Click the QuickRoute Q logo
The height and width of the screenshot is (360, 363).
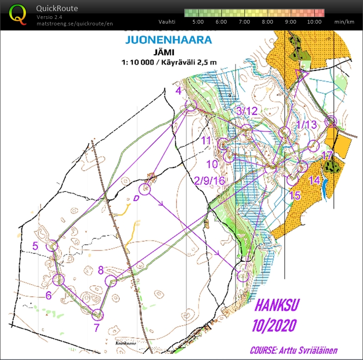pos(18,13)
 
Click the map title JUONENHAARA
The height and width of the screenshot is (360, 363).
pos(169,40)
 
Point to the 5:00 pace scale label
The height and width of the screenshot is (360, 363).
pos(198,21)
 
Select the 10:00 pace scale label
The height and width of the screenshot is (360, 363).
pos(314,21)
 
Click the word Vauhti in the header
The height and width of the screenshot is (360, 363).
pos(167,21)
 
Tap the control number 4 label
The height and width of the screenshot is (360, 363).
pos(178,91)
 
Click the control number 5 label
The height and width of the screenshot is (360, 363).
pos(36,246)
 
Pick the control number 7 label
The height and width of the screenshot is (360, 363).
pos(97,328)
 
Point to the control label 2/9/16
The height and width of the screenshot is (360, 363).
pos(210,180)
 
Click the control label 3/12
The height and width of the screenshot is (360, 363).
pos(246,111)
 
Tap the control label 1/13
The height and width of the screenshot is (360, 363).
pos(306,124)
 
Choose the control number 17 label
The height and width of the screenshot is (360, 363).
pos(327,155)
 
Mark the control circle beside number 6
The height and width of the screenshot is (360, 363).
pos(58,279)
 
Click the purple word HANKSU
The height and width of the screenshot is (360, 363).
pos(277,305)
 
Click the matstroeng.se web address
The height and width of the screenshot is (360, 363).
pos(75,24)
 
